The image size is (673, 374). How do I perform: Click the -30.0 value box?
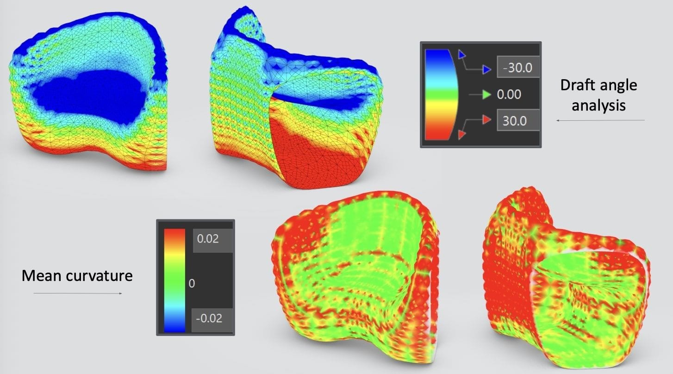pos(518,67)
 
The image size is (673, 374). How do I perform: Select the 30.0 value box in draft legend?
pos(518,120)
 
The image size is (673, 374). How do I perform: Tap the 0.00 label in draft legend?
pos(509,94)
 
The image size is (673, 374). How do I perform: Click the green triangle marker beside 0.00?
pos(486,94)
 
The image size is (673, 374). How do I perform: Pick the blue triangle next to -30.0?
pos(486,70)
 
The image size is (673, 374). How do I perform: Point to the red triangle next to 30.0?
pos(486,120)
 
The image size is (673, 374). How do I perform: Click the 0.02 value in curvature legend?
pos(208,239)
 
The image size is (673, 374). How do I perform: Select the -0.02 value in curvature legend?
pos(209,318)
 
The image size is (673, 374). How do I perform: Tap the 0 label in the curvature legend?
pos(192,283)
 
